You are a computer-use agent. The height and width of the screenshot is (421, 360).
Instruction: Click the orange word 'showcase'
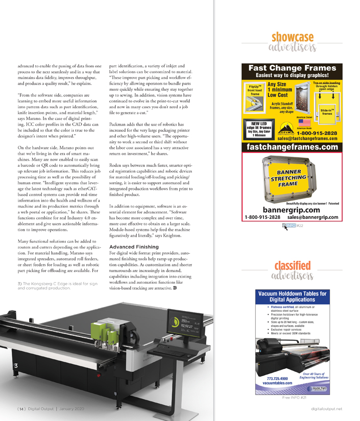coord(293,38)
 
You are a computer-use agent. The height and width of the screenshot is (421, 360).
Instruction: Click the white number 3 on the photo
coord(16,366)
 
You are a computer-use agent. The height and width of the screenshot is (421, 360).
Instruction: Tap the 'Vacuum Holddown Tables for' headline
coord(293,294)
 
